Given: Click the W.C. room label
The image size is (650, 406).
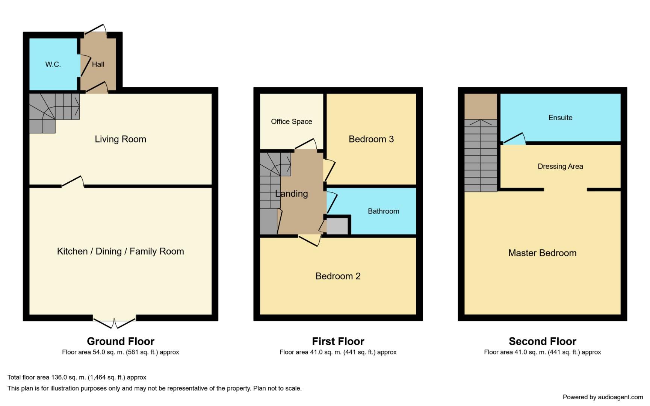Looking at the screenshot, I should [x=53, y=65].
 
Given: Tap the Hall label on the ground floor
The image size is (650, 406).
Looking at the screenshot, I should [x=98, y=65].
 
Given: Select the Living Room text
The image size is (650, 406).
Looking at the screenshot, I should [x=120, y=139].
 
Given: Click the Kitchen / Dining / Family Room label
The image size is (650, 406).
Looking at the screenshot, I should [x=120, y=251].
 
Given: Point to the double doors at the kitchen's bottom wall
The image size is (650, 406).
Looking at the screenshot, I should [x=114, y=323].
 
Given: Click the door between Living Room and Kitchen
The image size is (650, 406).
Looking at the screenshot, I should [x=73, y=182].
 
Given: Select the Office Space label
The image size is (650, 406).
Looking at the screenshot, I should [x=292, y=122].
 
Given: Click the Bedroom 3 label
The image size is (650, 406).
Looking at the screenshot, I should [x=371, y=139].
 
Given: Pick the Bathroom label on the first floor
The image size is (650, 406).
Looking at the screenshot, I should [x=383, y=211].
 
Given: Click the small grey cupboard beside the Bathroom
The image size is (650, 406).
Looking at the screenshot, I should [x=337, y=226].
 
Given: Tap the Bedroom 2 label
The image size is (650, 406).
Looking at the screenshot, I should [x=338, y=276].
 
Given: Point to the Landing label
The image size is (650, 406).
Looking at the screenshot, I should [x=292, y=194].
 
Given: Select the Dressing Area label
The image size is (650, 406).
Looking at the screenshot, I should [x=560, y=167].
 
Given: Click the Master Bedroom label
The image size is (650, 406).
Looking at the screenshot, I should [x=542, y=253].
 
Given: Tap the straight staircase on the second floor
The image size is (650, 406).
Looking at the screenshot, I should [x=481, y=156].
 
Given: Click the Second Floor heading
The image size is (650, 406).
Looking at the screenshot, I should [x=542, y=341].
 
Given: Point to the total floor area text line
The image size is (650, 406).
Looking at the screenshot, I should [x=77, y=377].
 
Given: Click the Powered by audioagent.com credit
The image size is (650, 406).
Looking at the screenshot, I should [x=602, y=397].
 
